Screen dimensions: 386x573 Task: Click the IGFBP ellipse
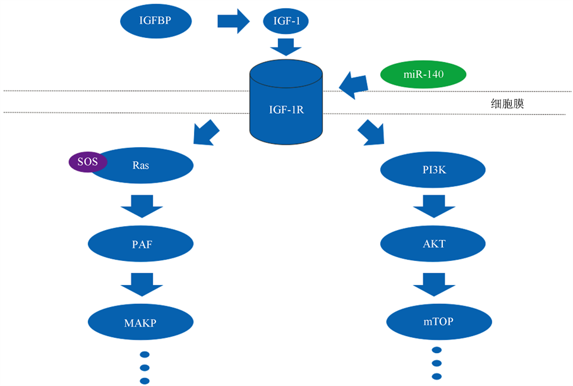(155, 21)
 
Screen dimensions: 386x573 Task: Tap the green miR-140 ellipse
(423, 75)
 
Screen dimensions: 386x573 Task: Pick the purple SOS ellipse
(88, 162)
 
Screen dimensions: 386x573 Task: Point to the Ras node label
(140, 166)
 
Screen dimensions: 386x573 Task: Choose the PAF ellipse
(140, 243)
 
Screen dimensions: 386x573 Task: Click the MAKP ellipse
(140, 323)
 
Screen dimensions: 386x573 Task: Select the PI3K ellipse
(433, 170)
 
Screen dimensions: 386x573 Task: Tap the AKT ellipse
(433, 243)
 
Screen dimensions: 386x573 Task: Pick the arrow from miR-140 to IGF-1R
(354, 85)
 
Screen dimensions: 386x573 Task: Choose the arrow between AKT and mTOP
(435, 283)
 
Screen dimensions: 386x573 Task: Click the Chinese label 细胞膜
(507, 104)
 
